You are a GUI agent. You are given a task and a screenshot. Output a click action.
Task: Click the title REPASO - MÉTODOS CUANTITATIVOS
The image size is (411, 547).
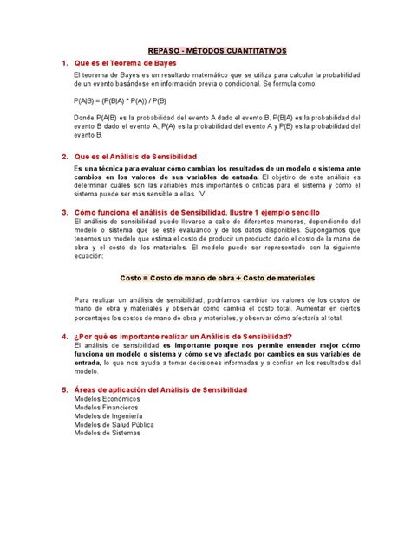click(205, 51)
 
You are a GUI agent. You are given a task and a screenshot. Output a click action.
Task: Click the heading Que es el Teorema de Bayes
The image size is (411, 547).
click(119, 64)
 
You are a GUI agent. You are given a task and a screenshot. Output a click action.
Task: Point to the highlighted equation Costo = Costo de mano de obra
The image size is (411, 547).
click(205, 278)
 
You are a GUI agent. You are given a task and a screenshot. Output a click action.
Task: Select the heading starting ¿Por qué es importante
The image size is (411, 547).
click(183, 335)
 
